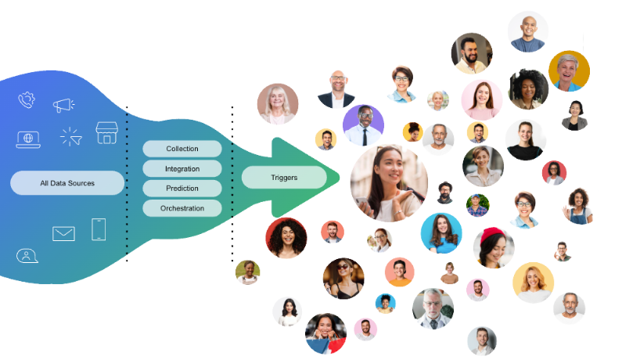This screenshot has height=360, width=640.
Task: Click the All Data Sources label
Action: pyautogui.click(x=67, y=183)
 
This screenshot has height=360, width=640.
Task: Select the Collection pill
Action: pyautogui.click(x=182, y=149)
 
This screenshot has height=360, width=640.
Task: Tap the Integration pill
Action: pyautogui.click(x=182, y=169)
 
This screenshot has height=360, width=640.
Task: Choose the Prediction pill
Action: pyautogui.click(x=182, y=189)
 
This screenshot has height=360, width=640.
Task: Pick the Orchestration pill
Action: pyautogui.click(x=182, y=208)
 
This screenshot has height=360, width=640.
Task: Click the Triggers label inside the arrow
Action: pyautogui.click(x=284, y=178)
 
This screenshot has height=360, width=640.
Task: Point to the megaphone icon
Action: pyautogui.click(x=63, y=104)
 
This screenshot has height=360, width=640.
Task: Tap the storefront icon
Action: pyautogui.click(x=106, y=133)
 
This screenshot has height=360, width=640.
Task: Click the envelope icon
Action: pyautogui.click(x=63, y=233)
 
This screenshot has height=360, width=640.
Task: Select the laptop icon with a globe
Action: pyautogui.click(x=28, y=139)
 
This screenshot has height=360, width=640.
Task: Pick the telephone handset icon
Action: pyautogui.click(x=27, y=99)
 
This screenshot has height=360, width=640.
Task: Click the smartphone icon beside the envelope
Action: pyautogui.click(x=99, y=229)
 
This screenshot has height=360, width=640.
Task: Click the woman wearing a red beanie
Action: pyautogui.click(x=494, y=247)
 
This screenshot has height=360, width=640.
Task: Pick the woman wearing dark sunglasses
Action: pyautogui.click(x=343, y=279)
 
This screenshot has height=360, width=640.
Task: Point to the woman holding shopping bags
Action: pyautogui.click(x=325, y=333)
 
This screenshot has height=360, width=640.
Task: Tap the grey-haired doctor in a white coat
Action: pyautogui.click(x=433, y=308)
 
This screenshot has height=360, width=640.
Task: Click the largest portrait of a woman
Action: pyautogui.click(x=389, y=183)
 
